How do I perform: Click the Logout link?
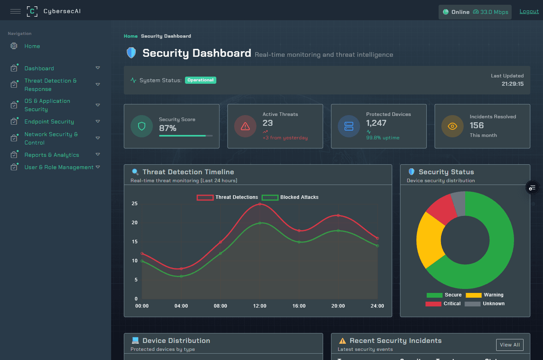[x=529, y=12]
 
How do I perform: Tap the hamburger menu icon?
[x=15, y=11]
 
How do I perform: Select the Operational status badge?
[x=200, y=80]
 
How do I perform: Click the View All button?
[x=510, y=345]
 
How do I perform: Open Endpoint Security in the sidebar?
[x=49, y=121]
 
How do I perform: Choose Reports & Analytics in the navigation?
[x=52, y=155]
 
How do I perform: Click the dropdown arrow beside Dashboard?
[x=98, y=68]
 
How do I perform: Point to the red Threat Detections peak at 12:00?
[x=260, y=204]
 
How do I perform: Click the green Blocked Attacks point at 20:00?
[x=338, y=231]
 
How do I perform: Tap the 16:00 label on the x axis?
[x=299, y=306]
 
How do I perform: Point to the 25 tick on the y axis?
[x=135, y=204]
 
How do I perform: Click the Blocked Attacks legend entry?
[x=290, y=197]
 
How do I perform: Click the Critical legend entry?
[x=443, y=304]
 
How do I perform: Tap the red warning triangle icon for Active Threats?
[x=245, y=126]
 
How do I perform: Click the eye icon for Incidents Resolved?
[x=452, y=126]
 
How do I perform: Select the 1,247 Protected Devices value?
[x=376, y=123]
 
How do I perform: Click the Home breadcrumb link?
[x=131, y=36]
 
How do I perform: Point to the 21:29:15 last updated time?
[x=512, y=84]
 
